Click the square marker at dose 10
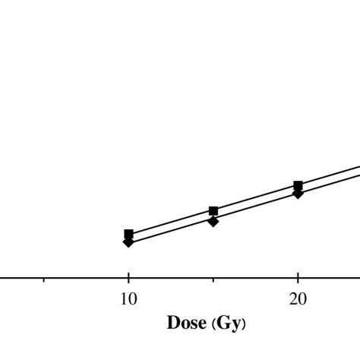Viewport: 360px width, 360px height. pos(128,234)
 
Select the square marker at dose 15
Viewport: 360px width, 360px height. pos(213,210)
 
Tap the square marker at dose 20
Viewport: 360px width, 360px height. pos(298,185)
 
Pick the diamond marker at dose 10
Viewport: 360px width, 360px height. pos(128,242)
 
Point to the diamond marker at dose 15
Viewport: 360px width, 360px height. pos(213,221)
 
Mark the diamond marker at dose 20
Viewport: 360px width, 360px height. pos(298,194)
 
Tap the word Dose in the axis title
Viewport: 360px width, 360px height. pos(186,324)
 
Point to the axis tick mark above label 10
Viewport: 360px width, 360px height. pos(128,280)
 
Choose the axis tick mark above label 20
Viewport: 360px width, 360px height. pos(298,280)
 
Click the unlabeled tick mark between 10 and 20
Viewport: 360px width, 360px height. pos(213,280)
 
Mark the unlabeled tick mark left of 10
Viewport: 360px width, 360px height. pos(44,280)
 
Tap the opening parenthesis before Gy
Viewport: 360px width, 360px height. pos(211,324)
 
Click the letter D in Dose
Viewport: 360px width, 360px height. pos(172,324)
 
